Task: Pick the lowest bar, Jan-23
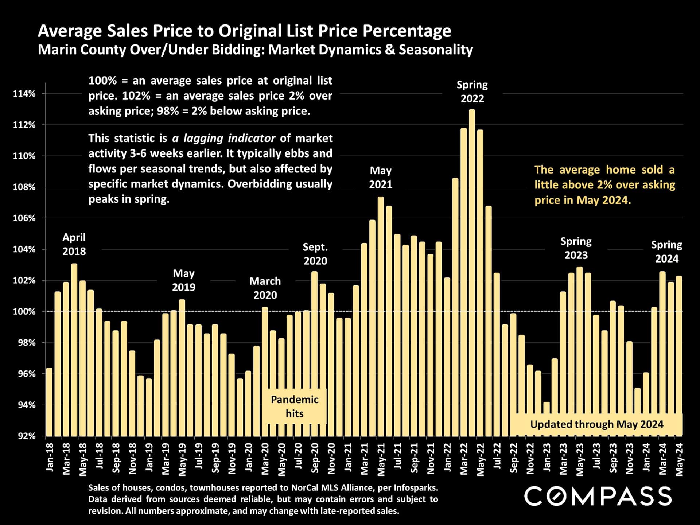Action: point(546,419)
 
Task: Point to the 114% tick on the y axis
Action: point(24,94)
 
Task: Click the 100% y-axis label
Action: point(24,312)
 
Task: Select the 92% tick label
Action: point(27,436)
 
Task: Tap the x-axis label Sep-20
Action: point(315,458)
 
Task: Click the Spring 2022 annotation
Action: point(472,92)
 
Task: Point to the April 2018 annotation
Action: point(74,244)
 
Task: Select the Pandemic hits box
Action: point(295,406)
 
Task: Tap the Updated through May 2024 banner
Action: point(596,424)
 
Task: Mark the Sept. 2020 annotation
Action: point(315,254)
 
